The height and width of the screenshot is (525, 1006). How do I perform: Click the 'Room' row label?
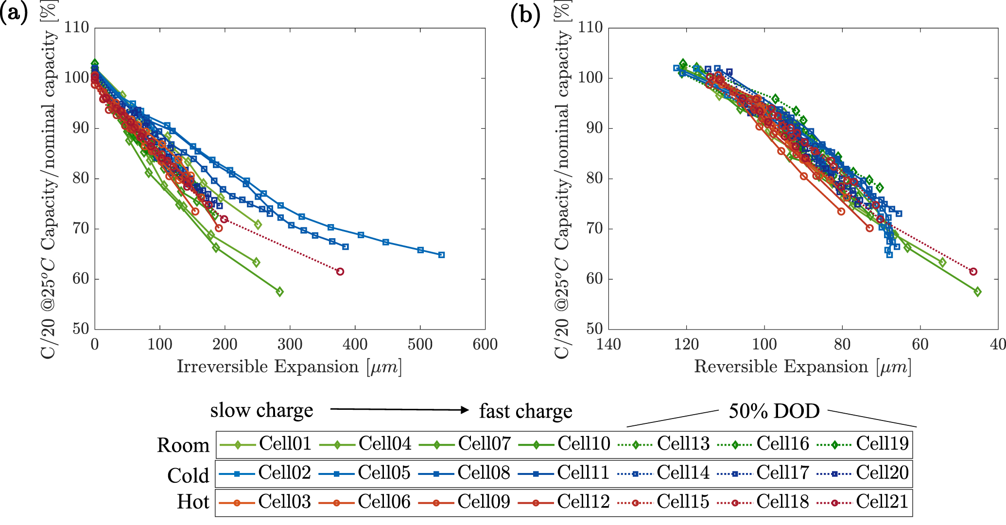(183, 445)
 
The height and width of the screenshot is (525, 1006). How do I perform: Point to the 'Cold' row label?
(188, 475)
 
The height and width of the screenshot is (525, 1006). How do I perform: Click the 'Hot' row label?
(193, 502)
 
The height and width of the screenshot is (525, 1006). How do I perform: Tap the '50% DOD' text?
(774, 411)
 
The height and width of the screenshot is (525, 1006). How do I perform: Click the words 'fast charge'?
(525, 411)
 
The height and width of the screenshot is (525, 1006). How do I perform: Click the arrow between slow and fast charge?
(399, 409)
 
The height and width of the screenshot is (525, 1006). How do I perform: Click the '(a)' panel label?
(14, 14)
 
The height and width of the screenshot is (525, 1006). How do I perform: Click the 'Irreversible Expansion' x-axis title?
(289, 367)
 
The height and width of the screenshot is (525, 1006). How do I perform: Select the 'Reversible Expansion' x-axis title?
(802, 367)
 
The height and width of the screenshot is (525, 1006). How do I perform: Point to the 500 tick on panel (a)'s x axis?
(420, 345)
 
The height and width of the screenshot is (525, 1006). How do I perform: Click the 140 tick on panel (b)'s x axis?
(608, 345)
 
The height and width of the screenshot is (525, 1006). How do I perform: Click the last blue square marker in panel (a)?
(441, 255)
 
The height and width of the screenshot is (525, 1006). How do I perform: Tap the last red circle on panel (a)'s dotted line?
(340, 271)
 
